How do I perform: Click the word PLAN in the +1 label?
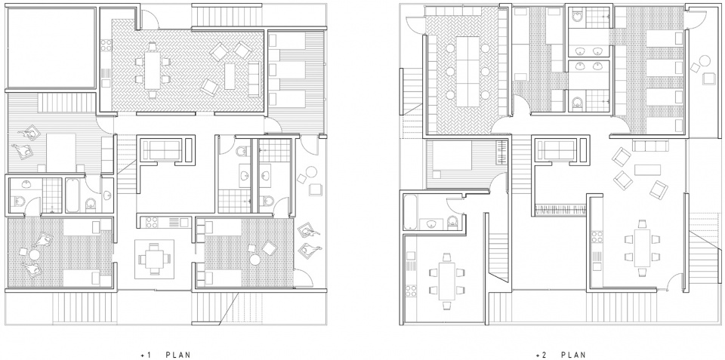pos(178,355)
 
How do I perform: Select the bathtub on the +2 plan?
pos(411,212)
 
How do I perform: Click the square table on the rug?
pos(154,259)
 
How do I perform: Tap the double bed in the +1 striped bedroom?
pos(61,152)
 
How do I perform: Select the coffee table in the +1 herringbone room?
pos(230,75)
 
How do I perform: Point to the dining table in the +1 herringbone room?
pos(152,69)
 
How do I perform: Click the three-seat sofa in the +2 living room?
pos(649,146)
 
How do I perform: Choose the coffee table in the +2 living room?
pos(647,170)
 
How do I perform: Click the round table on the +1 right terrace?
pos(311,172)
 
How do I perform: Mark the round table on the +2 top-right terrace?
pos(704,61)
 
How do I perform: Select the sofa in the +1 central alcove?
pos(162,150)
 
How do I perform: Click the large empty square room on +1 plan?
pos(51,48)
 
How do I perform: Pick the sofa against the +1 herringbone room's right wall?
pos(254,79)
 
